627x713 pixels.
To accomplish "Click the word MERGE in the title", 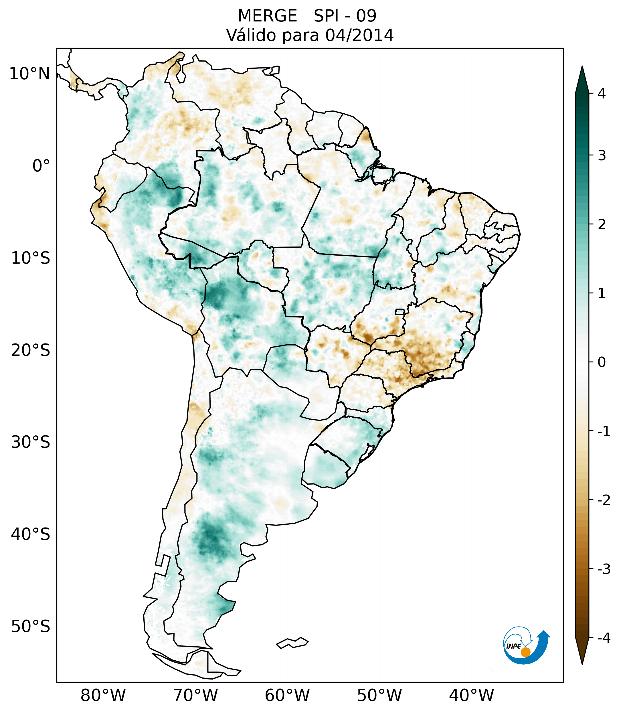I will (268, 16).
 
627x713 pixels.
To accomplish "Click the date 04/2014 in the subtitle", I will (359, 35).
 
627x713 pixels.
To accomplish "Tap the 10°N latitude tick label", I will (30, 74).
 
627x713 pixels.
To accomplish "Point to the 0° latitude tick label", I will (41, 166).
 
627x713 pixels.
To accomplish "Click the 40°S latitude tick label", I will (31, 534).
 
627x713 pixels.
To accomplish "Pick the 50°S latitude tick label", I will (31, 627).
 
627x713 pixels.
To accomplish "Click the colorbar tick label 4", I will (602, 94).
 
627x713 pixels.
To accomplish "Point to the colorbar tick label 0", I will (602, 362).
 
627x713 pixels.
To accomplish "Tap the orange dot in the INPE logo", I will (525, 652).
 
